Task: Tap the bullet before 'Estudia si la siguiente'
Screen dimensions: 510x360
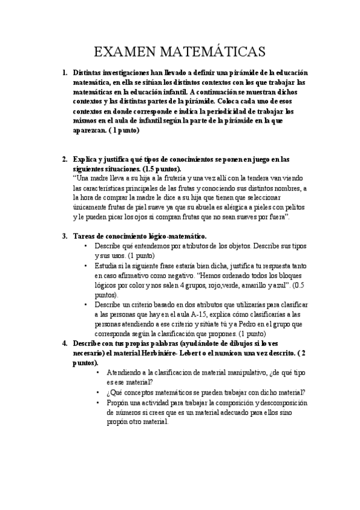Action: pos(87,266)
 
